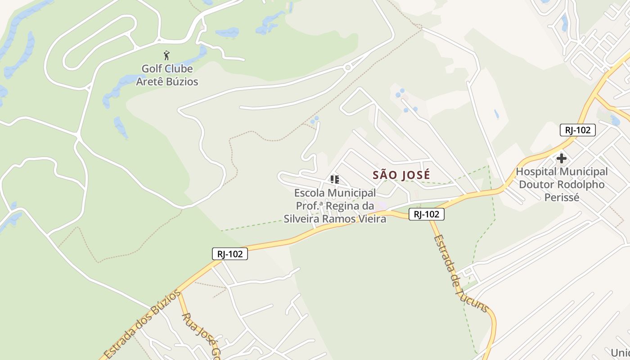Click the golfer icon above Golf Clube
pyautogui.click(x=167, y=55)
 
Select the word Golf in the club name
pyautogui.click(x=152, y=69)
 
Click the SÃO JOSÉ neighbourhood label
pyautogui.click(x=401, y=175)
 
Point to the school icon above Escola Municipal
pyautogui.click(x=335, y=180)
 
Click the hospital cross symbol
pyautogui.click(x=561, y=158)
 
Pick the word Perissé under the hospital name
pyautogui.click(x=561, y=198)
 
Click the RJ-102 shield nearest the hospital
pyautogui.click(x=578, y=130)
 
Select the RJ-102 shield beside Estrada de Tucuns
pyautogui.click(x=427, y=214)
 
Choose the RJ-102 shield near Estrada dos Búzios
pyautogui.click(x=230, y=254)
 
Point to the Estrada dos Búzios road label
pyautogui.click(x=142, y=325)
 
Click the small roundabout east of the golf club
pyautogui.click(x=347, y=68)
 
